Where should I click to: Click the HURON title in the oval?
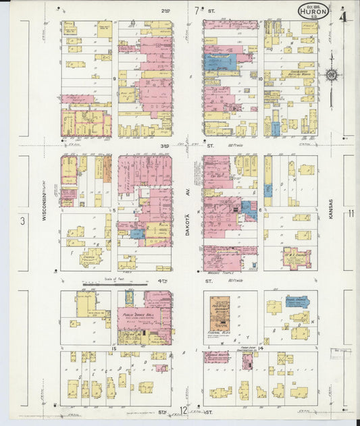pos(314,11)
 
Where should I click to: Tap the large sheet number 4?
pos(344,16)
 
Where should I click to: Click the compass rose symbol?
pos(332,75)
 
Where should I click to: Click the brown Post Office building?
pos(220,314)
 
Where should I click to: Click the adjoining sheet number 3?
pos(22,220)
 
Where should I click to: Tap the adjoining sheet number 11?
pos(351,213)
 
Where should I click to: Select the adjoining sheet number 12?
pos(183,410)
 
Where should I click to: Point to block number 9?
pos(115,78)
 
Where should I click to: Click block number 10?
pos(260,78)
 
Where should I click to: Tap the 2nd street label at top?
pos(165,11)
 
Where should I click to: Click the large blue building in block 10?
pos(222,63)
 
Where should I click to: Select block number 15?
pos(114,348)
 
